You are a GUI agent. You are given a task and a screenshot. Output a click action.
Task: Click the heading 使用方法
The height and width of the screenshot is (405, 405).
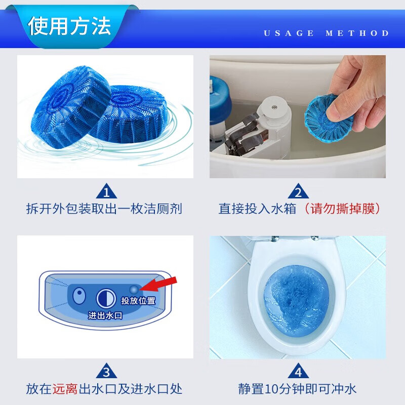69,26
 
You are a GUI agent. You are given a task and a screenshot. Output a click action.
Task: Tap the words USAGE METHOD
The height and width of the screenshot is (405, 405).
327,33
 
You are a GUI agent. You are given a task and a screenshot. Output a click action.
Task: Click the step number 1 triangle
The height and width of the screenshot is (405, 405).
106,192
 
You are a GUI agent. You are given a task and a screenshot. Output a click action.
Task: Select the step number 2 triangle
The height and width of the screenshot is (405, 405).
298,192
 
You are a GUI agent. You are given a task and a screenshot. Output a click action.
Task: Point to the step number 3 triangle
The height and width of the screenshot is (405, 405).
106,373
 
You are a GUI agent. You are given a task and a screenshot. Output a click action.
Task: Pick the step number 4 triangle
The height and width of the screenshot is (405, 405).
298,373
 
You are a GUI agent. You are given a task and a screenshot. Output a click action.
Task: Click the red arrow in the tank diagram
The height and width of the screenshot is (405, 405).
161,283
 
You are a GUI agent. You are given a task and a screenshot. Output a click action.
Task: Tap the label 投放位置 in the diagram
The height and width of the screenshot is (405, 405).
138,301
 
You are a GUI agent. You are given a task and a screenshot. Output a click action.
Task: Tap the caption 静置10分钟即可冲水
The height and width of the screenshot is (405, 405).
298,389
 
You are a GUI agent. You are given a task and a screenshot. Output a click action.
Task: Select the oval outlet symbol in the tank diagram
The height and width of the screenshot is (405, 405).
78,296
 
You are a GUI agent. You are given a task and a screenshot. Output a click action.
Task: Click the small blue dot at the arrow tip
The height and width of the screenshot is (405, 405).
134,289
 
